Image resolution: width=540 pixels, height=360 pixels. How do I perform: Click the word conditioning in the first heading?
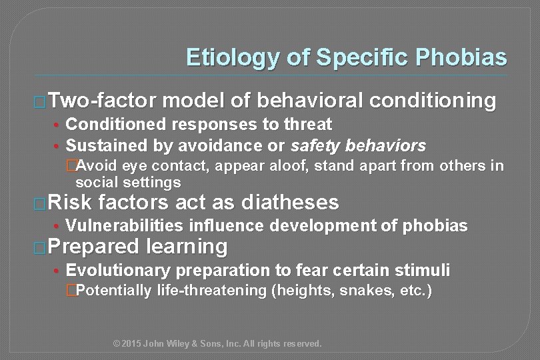(x=434, y=101)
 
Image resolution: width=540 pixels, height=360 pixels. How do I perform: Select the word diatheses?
(x=291, y=202)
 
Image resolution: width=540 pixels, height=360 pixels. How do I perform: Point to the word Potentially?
(x=114, y=291)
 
